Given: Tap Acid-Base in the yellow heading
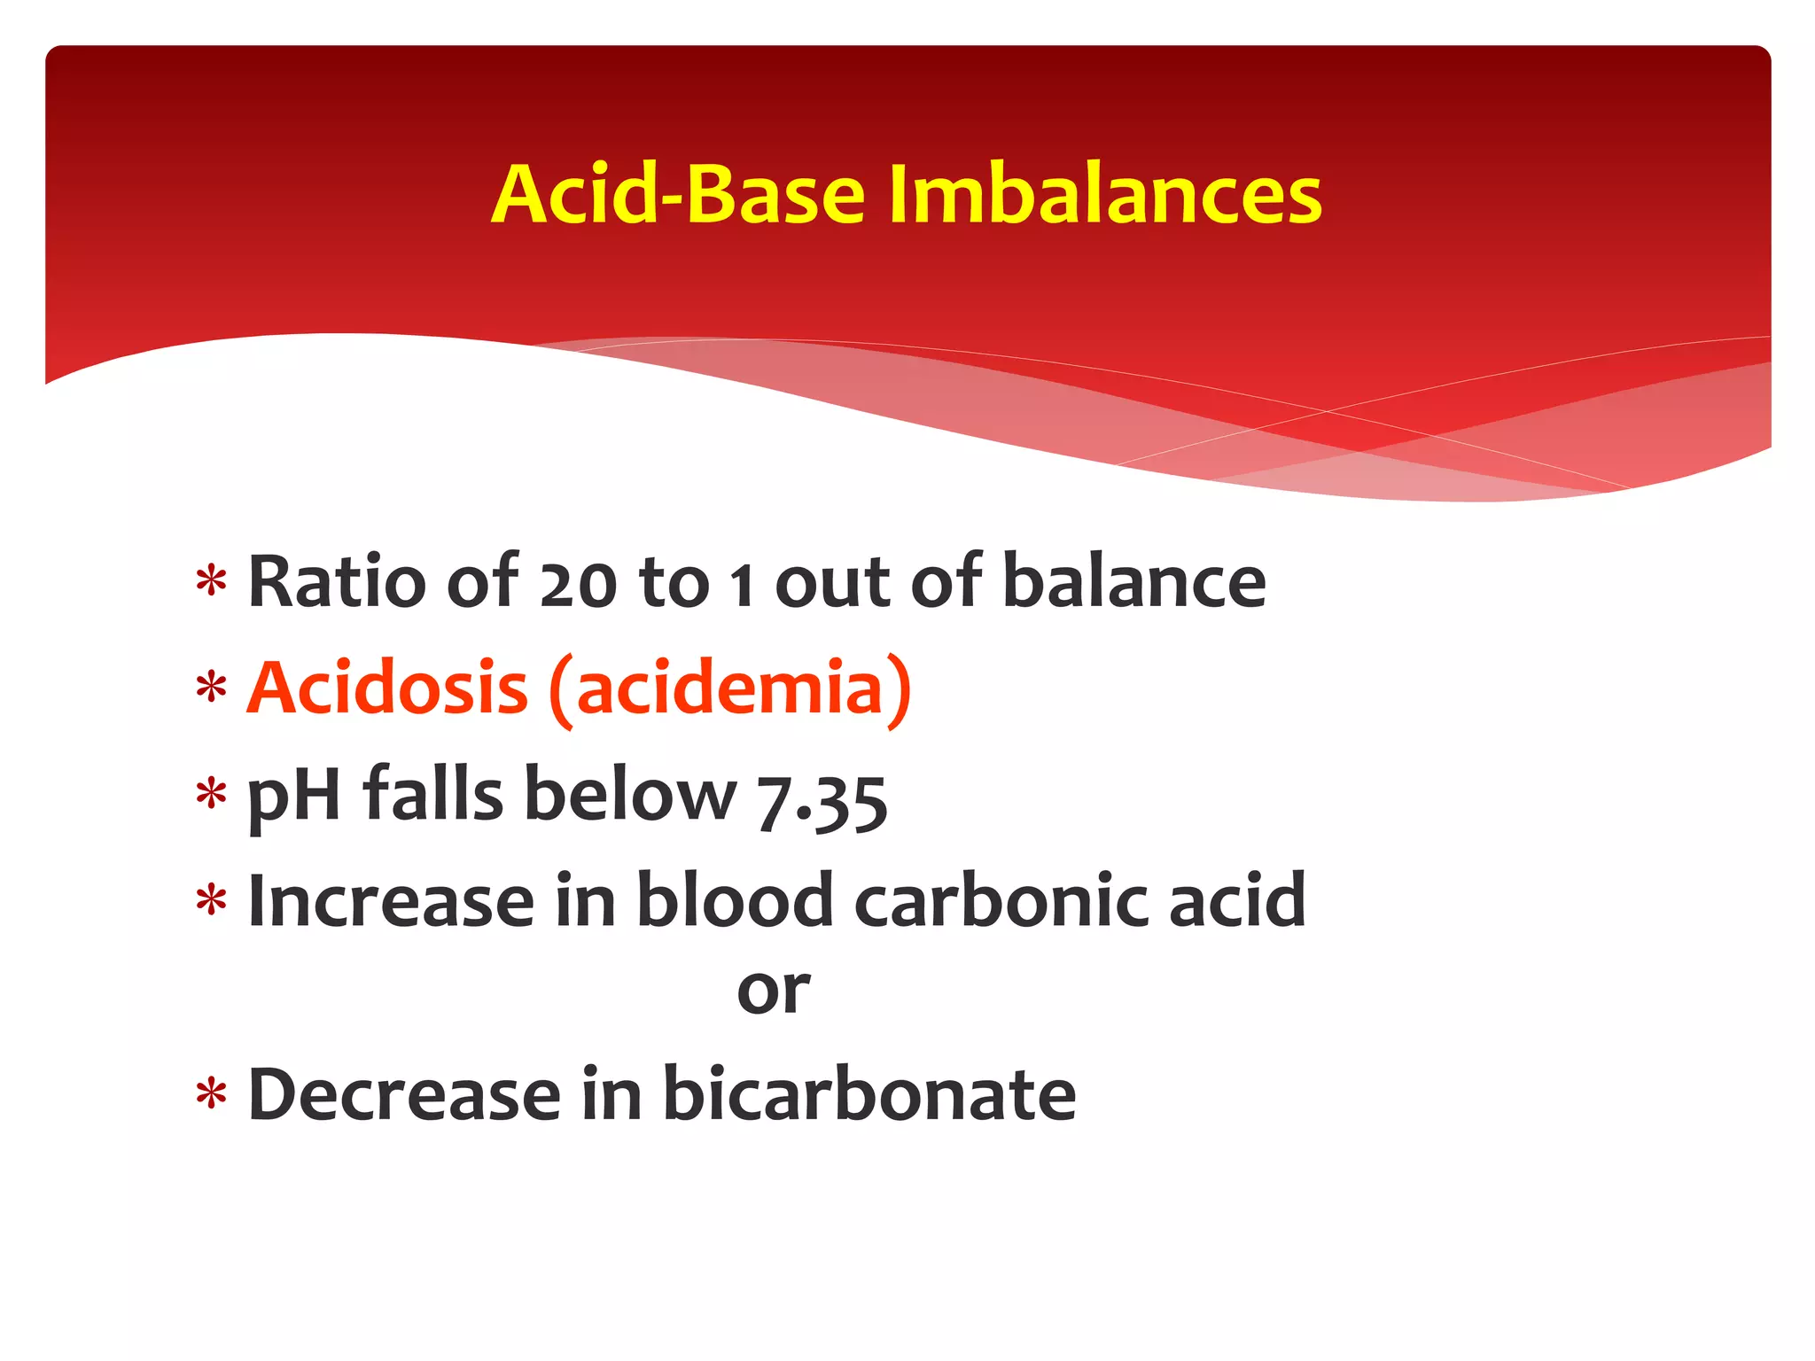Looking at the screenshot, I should [x=678, y=195].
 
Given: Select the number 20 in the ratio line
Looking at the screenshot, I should [x=578, y=585].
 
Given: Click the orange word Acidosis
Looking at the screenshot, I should [x=387, y=688].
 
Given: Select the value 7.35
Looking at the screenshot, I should [x=822, y=801].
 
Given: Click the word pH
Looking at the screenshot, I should [x=293, y=796].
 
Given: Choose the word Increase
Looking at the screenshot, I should [x=391, y=900].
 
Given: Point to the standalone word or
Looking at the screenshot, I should [x=773, y=992].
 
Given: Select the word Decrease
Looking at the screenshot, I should [x=404, y=1094].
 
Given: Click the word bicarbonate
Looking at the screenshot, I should [x=869, y=1094].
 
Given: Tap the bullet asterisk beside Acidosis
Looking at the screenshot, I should [x=212, y=688].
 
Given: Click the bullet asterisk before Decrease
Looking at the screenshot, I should [x=212, y=1095].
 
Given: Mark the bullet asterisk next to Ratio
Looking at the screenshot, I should [x=212, y=582].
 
